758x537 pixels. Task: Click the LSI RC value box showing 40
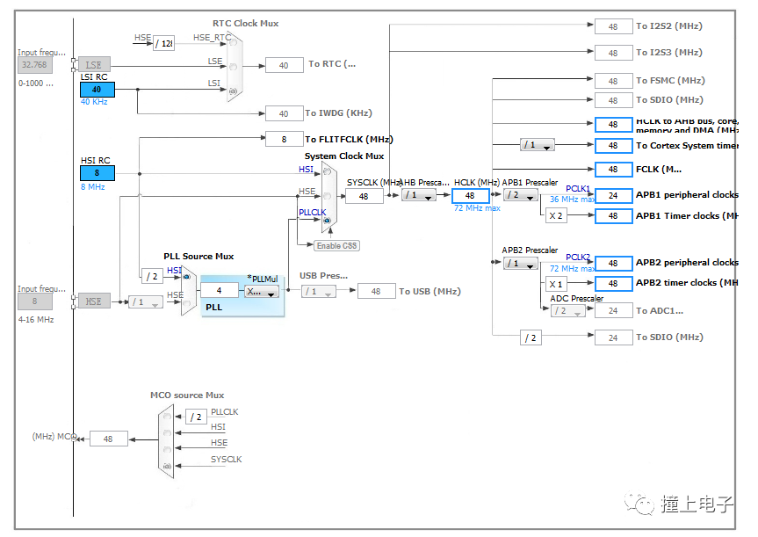coord(97,90)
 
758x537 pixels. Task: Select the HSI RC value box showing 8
coord(97,173)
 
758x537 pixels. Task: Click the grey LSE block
coord(94,65)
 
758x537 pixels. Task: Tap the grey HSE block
coord(94,301)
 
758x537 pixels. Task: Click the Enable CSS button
coord(336,245)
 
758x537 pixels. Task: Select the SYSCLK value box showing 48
coord(364,196)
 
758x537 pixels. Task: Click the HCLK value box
coord(470,196)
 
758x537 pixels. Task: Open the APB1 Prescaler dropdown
coord(520,196)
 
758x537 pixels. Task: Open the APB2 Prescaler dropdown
coord(520,264)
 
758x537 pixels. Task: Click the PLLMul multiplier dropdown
coord(262,292)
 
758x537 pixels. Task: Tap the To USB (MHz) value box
coord(376,291)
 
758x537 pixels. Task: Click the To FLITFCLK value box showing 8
coord(284,139)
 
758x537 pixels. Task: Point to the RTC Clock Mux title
coord(246,23)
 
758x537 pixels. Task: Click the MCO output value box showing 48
coord(108,439)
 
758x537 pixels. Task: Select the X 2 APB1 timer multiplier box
coord(555,216)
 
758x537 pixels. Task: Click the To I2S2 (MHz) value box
coord(613,26)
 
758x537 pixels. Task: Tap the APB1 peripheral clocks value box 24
coord(613,196)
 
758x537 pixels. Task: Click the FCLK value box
coord(613,170)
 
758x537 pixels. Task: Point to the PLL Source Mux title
coord(199,257)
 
